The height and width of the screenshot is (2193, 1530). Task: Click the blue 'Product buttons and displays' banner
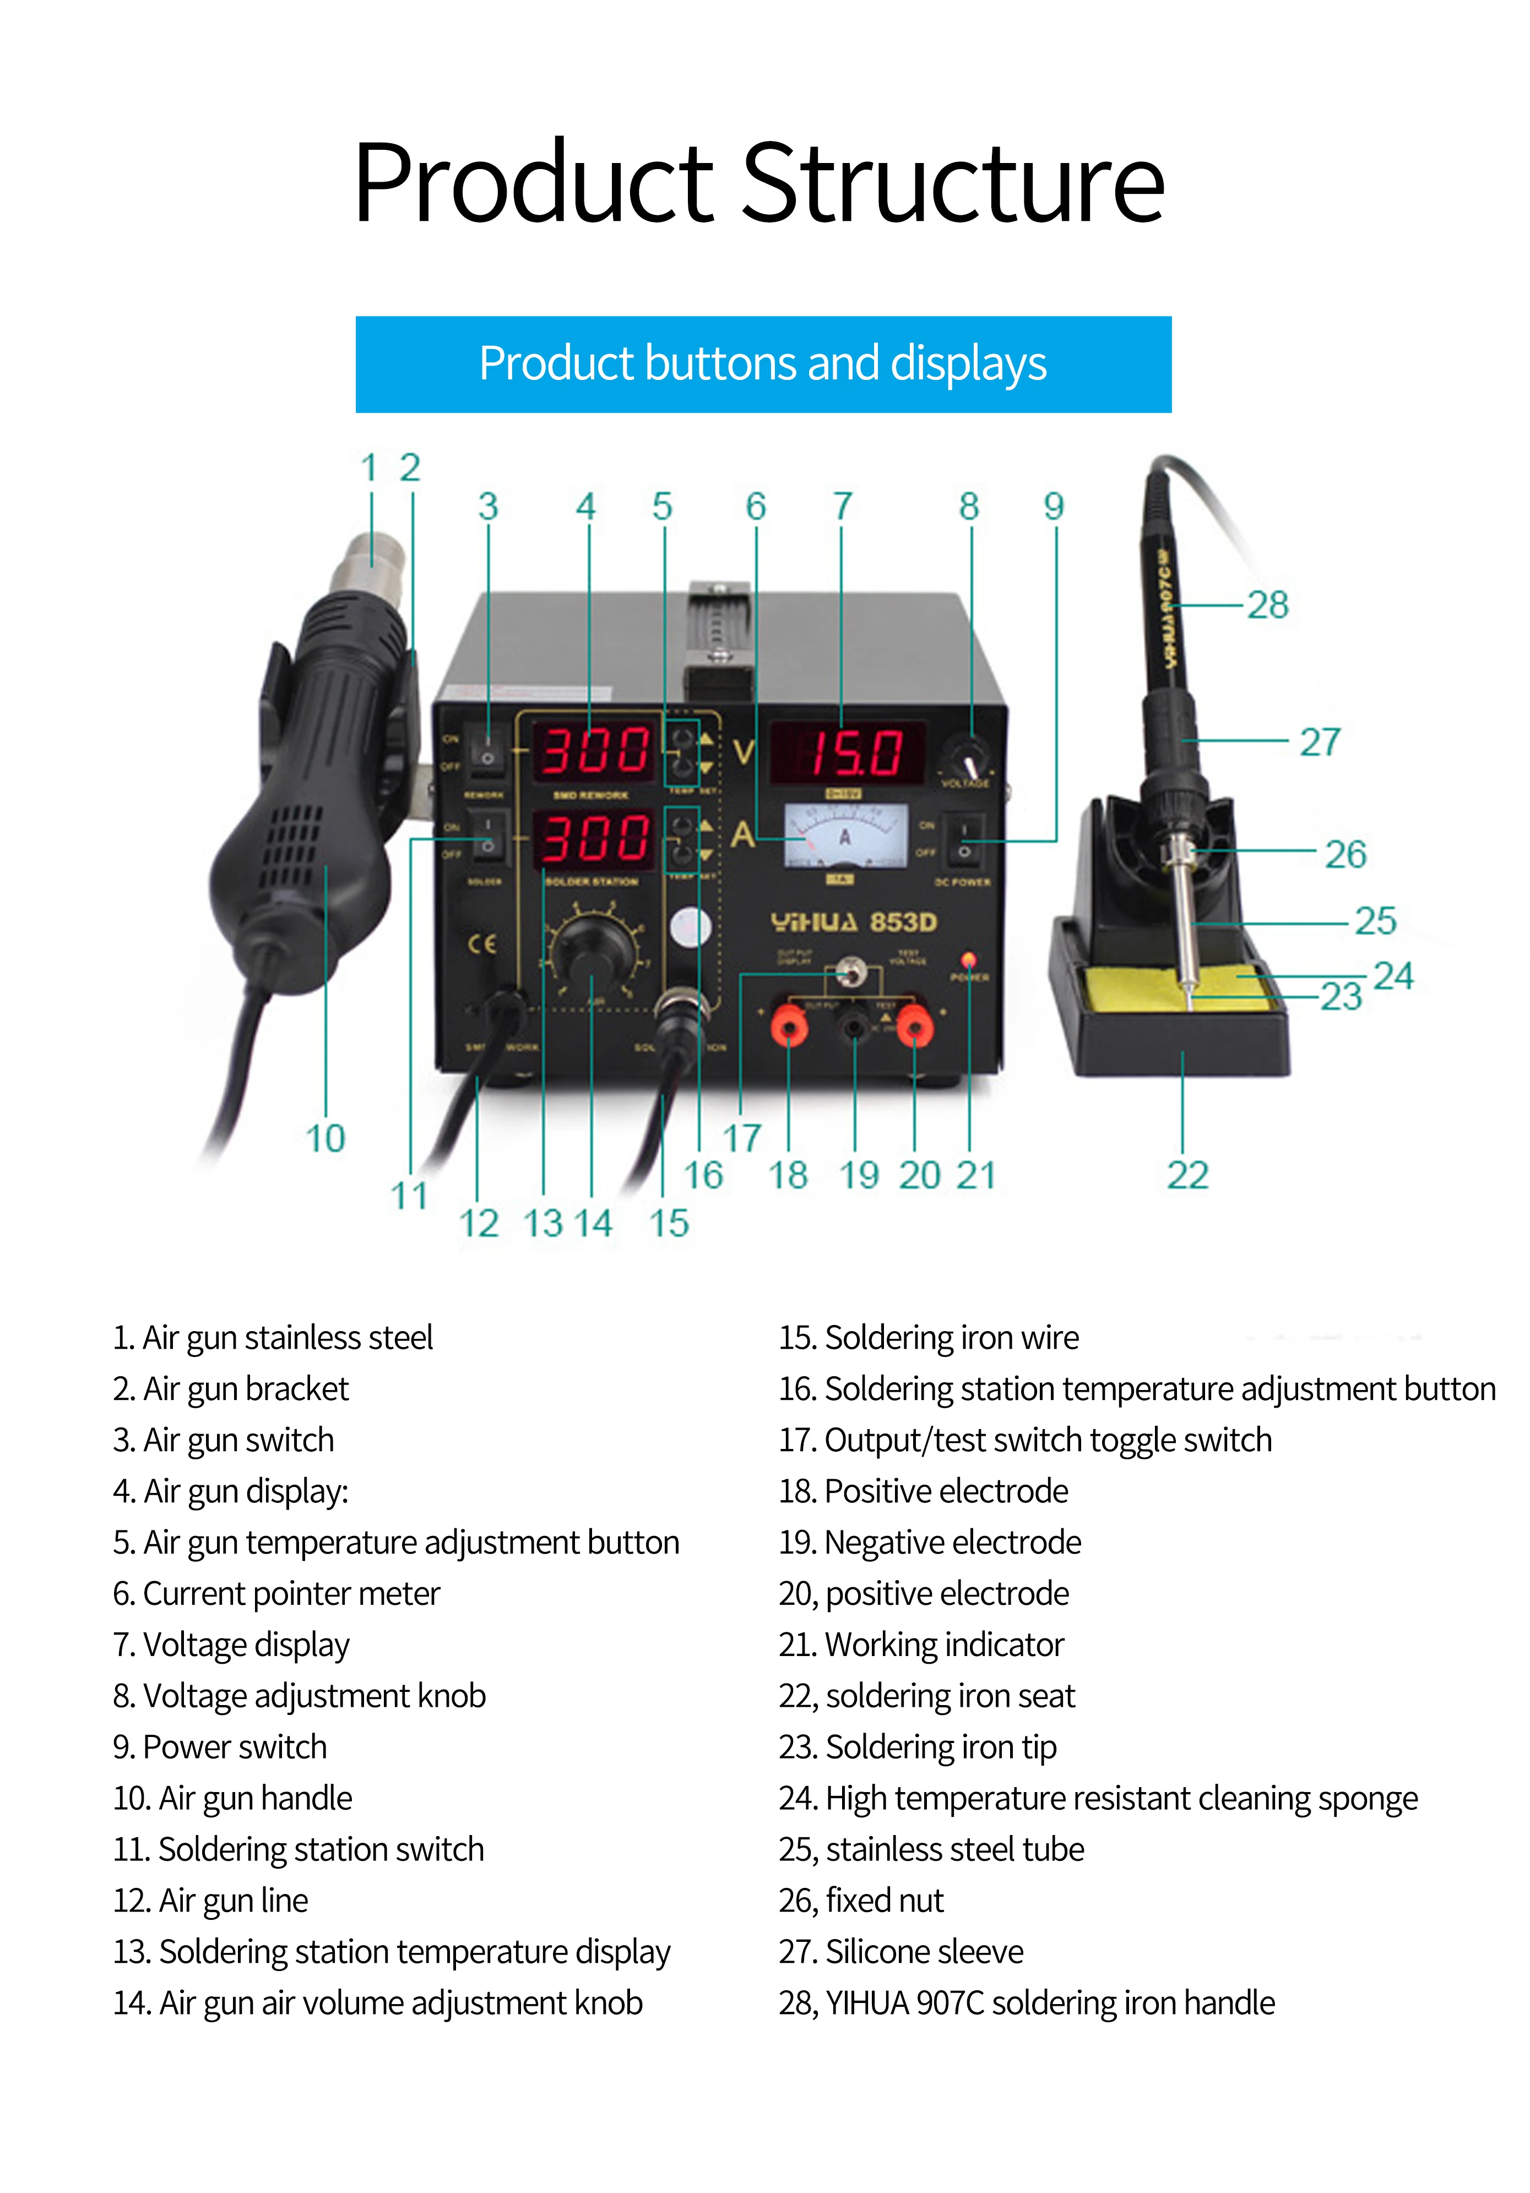pyautogui.click(x=763, y=364)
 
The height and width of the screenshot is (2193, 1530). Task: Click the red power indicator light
pyautogui.click(x=968, y=959)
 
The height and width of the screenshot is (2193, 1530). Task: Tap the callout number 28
pyautogui.click(x=1267, y=605)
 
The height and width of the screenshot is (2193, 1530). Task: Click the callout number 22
pyautogui.click(x=1187, y=1175)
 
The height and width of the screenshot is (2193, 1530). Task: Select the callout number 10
pyautogui.click(x=325, y=1138)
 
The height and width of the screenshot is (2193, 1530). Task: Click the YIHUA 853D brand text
pyautogui.click(x=854, y=922)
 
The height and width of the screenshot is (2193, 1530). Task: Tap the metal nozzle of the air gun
pyautogui.click(x=373, y=563)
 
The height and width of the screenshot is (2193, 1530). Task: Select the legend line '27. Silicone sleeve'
pyautogui.click(x=900, y=1951)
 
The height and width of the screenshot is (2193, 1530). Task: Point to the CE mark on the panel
pyautogui.click(x=482, y=944)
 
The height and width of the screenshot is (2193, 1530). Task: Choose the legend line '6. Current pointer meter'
pyautogui.click(x=276, y=1593)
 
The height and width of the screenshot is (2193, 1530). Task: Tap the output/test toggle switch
pyautogui.click(x=847, y=974)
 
